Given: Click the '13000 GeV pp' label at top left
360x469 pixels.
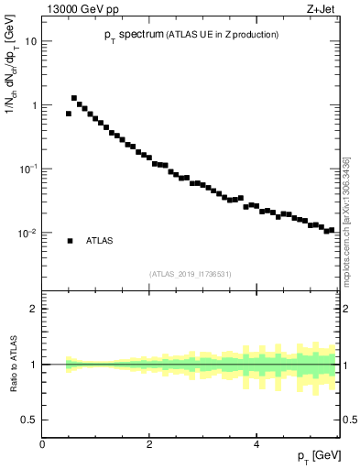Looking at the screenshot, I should pyautogui.click(x=74, y=9).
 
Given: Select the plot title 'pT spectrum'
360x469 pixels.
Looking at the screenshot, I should pyautogui.click(x=134, y=35).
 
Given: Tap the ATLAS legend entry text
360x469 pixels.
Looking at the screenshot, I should pyautogui.click(x=100, y=241).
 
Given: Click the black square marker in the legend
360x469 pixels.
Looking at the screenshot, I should pyautogui.click(x=70, y=241).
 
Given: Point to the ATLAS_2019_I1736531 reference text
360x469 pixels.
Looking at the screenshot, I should pyautogui.click(x=191, y=273).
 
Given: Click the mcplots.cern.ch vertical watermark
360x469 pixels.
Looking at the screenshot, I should pyautogui.click(x=346, y=220).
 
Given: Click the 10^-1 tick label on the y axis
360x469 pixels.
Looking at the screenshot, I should pyautogui.click(x=27, y=169).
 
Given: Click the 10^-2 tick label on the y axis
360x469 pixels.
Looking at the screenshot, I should pyautogui.click(x=27, y=233).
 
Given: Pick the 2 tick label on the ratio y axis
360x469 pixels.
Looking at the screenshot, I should pyautogui.click(x=33, y=309).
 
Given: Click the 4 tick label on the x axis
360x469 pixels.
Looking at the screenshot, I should pyautogui.click(x=256, y=444).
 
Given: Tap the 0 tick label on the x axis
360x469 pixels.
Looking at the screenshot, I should pyautogui.click(x=42, y=444).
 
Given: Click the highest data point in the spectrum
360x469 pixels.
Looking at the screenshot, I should pyautogui.click(x=74, y=98).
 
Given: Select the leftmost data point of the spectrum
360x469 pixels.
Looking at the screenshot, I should pyautogui.click(x=69, y=114).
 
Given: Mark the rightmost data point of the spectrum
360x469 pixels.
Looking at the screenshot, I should pyautogui.click(x=333, y=229).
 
